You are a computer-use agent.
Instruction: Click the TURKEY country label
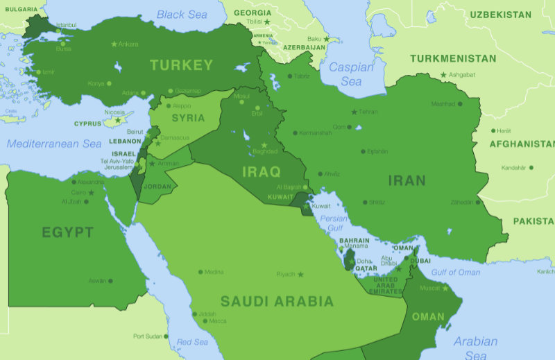(x=181, y=65)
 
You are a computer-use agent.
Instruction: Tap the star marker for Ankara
(x=114, y=44)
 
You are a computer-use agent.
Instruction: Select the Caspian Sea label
(x=351, y=74)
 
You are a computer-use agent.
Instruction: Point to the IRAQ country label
(x=261, y=171)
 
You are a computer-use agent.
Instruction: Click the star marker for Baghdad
(x=264, y=145)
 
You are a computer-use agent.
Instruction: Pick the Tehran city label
(x=368, y=112)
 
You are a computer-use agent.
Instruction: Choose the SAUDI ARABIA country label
(x=277, y=302)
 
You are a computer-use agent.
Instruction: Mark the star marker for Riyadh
(x=300, y=274)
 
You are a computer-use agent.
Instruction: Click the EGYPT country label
(x=67, y=232)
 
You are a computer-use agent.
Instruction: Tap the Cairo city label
(x=78, y=192)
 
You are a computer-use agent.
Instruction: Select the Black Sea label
(x=182, y=15)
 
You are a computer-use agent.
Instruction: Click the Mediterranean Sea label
(x=54, y=144)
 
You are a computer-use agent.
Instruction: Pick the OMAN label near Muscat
(x=428, y=317)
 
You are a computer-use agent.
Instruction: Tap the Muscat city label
(x=431, y=286)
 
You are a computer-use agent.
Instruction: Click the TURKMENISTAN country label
(x=453, y=59)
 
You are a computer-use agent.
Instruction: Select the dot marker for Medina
(x=200, y=272)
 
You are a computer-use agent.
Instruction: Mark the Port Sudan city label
(x=147, y=336)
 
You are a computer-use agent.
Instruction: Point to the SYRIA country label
(x=188, y=118)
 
